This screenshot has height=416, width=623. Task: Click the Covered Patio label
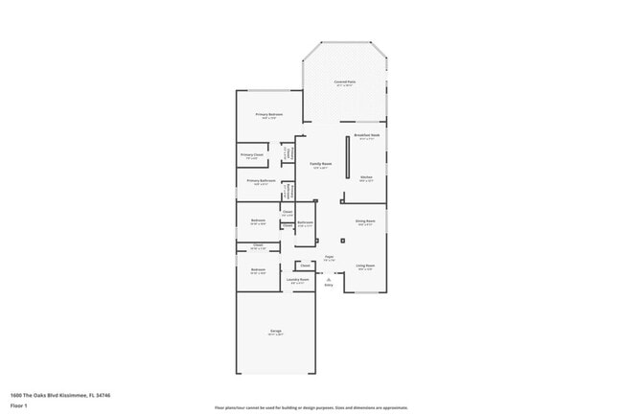[x=345, y=82]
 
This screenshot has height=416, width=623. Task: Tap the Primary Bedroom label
[x=267, y=114]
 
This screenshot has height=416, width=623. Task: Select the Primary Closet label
[x=252, y=154]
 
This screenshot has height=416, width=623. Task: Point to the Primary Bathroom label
[x=261, y=180]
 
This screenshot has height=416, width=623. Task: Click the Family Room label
[x=320, y=164]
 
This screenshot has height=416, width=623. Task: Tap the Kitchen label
[x=366, y=177]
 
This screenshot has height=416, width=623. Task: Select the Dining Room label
[x=365, y=220]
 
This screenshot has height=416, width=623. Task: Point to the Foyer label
[x=329, y=257]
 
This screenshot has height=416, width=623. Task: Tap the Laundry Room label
[x=296, y=281]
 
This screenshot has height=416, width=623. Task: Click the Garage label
[x=274, y=332]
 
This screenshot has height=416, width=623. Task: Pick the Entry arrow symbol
[x=329, y=279]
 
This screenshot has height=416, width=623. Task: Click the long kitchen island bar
[x=347, y=156]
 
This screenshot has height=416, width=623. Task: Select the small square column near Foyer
[x=342, y=240]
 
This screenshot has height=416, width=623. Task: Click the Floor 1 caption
[x=18, y=405]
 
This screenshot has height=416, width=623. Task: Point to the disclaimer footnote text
[x=311, y=408]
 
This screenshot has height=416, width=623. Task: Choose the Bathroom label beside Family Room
[x=305, y=222]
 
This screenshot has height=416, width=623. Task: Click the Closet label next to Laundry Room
[x=305, y=265]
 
